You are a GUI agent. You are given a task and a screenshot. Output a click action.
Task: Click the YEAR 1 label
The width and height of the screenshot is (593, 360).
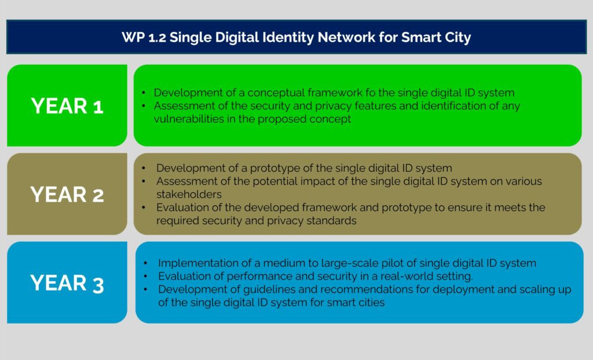point(67,106)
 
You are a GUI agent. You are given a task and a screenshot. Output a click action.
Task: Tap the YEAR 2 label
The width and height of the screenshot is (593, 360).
point(67,194)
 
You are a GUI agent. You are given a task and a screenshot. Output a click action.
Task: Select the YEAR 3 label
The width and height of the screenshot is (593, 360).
point(67,283)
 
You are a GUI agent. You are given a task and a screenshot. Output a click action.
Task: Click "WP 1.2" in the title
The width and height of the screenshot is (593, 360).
point(144,38)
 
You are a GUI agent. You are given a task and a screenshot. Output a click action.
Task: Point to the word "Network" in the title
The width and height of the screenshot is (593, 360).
point(346,38)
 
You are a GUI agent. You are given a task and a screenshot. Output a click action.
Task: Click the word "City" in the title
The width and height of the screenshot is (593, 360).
point(458,38)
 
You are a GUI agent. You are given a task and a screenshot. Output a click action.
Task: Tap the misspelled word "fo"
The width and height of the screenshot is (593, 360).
point(369,93)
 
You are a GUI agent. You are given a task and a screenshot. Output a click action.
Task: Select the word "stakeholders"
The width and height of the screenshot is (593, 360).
point(189,194)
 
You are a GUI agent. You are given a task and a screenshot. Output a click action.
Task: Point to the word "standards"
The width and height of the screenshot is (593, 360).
point(331,221)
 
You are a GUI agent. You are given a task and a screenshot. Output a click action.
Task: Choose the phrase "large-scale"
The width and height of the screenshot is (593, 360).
point(349,263)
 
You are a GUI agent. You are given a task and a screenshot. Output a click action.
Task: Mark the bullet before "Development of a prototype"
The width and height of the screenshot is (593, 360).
point(144,168)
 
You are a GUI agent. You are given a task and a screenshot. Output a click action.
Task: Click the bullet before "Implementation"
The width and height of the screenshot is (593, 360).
point(145,263)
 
